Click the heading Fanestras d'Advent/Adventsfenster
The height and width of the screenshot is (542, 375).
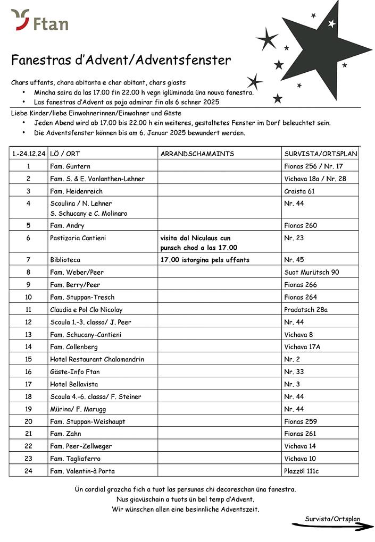tap(121, 60)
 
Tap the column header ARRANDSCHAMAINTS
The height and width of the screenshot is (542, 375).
tap(197, 154)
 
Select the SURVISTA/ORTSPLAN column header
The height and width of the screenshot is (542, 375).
tap(321, 154)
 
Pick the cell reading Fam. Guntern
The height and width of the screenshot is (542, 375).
tap(70, 166)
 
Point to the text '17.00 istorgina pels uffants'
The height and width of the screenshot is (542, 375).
tap(205, 260)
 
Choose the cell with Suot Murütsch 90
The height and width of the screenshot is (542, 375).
tap(311, 272)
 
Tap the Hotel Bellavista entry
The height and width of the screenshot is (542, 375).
tap(74, 384)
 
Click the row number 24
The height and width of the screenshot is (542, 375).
tap(28, 471)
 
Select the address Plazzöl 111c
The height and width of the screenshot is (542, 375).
tap(302, 471)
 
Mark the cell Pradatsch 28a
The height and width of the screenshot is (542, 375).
tap(306, 309)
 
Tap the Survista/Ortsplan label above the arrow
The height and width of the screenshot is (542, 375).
tap(332, 519)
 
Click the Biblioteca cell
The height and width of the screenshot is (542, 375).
tap(65, 260)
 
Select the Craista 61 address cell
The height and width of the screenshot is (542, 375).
tap(299, 191)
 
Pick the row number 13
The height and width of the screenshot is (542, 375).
tap(28, 334)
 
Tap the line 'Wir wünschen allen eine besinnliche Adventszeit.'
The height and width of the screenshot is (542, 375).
tap(185, 509)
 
